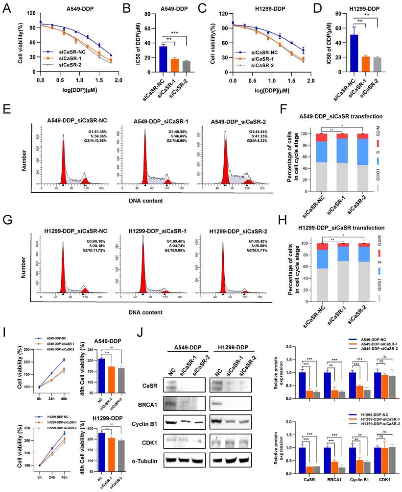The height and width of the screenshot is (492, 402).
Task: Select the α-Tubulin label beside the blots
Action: coord(141,459)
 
